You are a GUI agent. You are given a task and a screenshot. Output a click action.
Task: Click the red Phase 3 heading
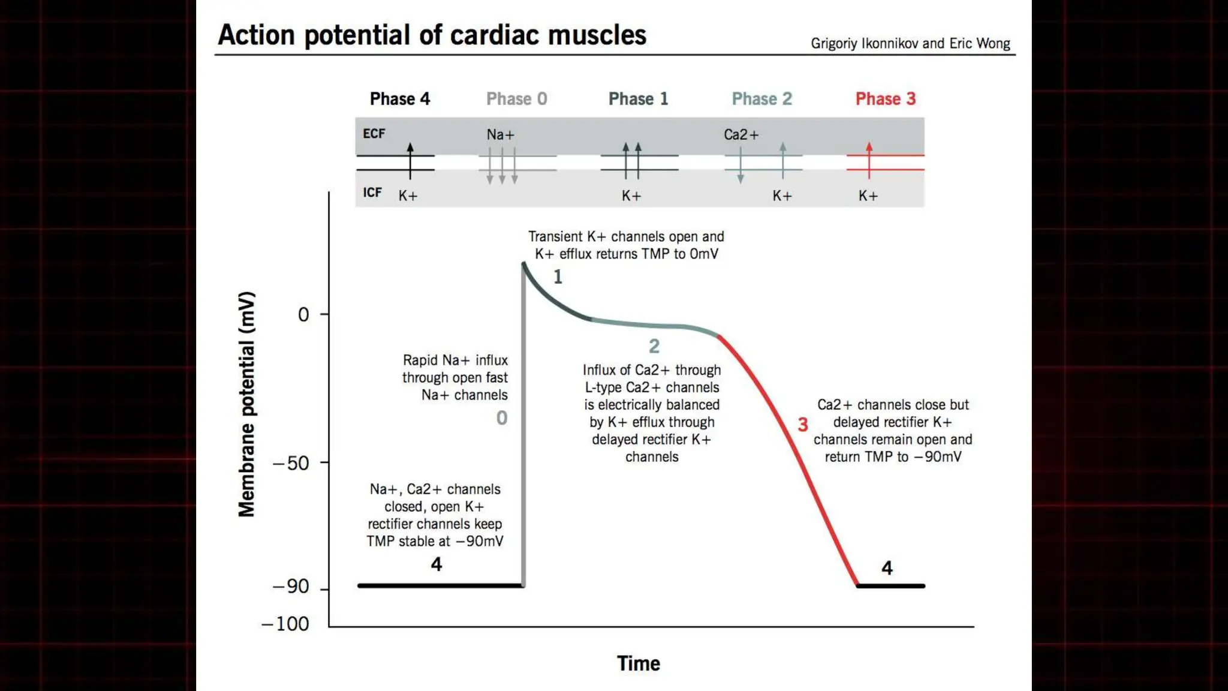click(885, 99)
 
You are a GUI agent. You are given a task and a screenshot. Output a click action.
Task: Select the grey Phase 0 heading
click(516, 99)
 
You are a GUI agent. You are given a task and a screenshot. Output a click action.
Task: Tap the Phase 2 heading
click(762, 99)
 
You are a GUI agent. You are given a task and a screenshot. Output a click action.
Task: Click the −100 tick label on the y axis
click(285, 624)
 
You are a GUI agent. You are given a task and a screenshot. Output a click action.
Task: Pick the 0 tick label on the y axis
click(303, 314)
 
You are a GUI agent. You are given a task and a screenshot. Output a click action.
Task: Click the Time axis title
click(638, 663)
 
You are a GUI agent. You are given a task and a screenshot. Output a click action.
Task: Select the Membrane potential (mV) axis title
click(246, 404)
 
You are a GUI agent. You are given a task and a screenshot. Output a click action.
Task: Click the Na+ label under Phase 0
click(500, 135)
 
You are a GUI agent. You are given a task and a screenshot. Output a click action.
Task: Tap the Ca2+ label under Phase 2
click(741, 135)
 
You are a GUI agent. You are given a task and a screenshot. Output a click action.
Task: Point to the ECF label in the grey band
click(374, 134)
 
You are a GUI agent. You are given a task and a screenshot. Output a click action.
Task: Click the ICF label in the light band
click(372, 193)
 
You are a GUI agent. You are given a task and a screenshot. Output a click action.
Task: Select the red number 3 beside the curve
click(803, 425)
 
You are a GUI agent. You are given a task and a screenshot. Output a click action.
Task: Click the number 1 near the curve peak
click(558, 277)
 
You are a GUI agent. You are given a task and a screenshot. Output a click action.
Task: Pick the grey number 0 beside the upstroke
click(502, 418)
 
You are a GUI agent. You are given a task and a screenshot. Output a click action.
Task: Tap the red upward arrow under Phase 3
click(869, 160)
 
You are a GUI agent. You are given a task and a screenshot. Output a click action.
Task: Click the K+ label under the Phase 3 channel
click(868, 196)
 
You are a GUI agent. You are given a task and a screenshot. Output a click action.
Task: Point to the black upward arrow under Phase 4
click(410, 160)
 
